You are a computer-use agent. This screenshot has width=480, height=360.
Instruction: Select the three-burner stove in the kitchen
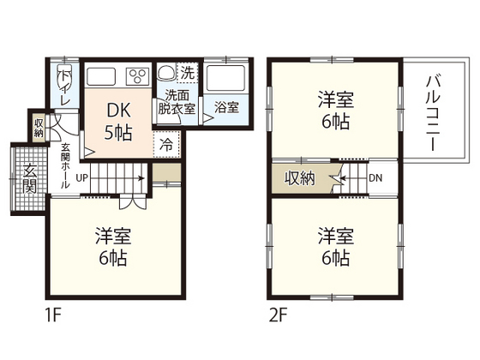137,75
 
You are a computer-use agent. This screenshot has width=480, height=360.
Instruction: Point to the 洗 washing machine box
187,72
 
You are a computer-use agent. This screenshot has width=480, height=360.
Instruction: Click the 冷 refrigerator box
166,143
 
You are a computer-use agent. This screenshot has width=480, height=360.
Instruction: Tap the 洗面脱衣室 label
176,103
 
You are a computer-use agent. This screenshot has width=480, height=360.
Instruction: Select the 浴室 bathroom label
226,109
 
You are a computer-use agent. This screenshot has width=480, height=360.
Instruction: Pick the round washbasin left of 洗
165,73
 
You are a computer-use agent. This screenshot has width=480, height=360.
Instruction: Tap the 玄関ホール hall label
64,165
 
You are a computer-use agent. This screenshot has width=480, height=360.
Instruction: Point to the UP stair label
81,178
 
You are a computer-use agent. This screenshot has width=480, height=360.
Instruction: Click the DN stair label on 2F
375,178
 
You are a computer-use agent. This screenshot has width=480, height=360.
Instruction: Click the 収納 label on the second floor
300,178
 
